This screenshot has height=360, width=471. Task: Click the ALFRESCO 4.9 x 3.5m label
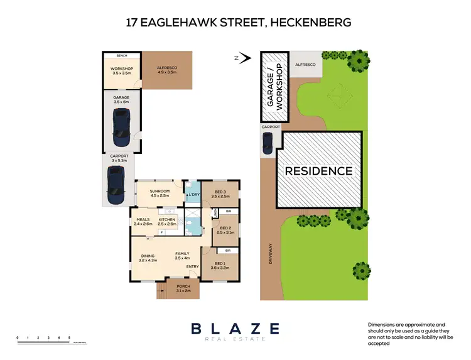click(x=167, y=70)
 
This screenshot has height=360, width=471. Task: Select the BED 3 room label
click(x=220, y=194)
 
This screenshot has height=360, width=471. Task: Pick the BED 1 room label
click(x=218, y=265)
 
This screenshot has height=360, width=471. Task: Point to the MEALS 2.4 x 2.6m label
click(x=144, y=222)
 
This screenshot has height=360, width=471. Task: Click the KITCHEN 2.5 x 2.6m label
click(x=167, y=222)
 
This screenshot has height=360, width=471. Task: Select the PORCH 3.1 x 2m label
click(x=183, y=288)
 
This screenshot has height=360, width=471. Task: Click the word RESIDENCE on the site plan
click(x=319, y=170)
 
